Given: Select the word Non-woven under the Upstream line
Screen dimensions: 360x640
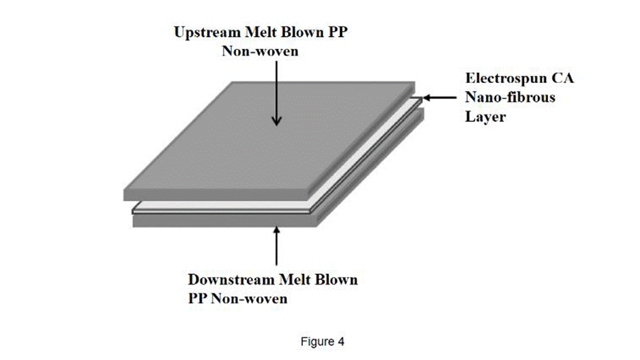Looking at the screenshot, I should pos(260,51).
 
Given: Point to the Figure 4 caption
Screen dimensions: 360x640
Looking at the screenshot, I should pos(323,342).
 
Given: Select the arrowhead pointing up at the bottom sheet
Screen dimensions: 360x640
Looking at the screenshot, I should pos(276,231).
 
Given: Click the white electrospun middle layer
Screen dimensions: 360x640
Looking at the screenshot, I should pos(222,207).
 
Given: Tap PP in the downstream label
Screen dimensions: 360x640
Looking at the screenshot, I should pos(198,299).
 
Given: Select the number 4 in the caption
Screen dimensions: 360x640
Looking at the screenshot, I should pos(341,342).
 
